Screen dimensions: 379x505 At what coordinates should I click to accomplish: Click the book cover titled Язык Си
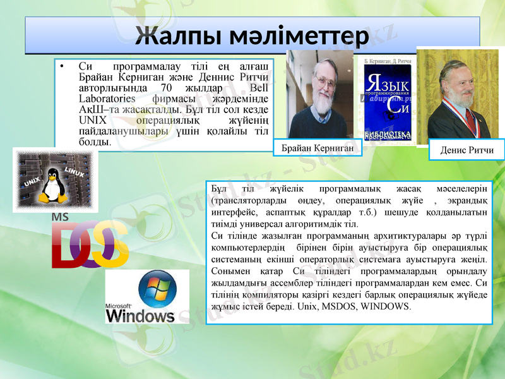pos(388,101)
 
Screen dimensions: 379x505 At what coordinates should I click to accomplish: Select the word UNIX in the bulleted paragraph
pos(92,120)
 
